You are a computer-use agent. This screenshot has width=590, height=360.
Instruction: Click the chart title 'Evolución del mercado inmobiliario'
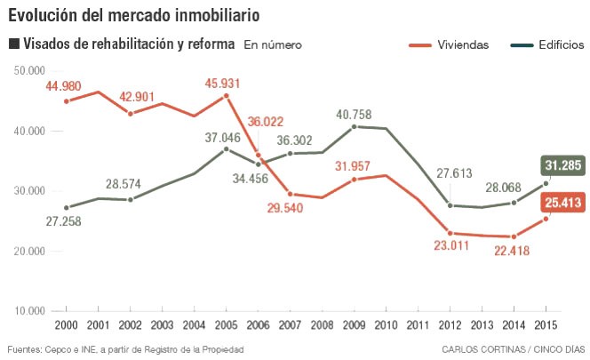(134, 15)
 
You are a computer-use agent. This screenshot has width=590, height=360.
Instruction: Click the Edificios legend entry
(547, 44)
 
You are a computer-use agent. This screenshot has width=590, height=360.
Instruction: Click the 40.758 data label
(354, 114)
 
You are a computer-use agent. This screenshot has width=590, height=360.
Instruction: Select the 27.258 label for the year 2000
(65, 220)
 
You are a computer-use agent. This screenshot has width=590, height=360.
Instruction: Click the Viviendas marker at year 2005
(226, 95)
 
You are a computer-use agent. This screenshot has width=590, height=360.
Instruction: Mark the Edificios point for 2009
(355, 126)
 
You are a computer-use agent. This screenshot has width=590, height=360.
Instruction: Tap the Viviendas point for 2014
(514, 236)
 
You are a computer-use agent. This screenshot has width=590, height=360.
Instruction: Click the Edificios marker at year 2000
(66, 207)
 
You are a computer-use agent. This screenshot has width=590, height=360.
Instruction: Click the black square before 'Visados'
(13, 44)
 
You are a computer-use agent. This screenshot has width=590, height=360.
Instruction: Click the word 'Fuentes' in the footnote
(25, 348)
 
